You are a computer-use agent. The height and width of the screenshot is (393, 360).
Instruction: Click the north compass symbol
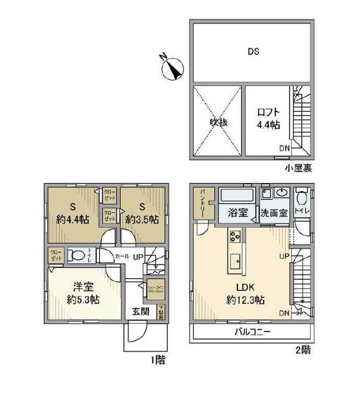[x=172, y=67]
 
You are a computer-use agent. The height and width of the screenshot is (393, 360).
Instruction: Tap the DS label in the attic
[x=252, y=52]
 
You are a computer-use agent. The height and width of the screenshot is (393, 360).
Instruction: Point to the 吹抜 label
[x=218, y=122]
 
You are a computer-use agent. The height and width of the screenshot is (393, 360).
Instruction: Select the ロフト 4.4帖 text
[x=267, y=119]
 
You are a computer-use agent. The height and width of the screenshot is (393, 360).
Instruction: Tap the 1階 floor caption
[x=155, y=359]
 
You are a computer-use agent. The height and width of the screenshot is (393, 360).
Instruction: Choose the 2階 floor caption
[x=302, y=351]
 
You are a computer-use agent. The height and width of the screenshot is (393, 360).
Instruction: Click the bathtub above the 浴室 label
[x=238, y=196]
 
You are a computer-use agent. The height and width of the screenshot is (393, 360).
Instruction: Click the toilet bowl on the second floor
[x=301, y=201]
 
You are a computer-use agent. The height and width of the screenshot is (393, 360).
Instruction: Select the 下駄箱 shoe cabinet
[x=161, y=311]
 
